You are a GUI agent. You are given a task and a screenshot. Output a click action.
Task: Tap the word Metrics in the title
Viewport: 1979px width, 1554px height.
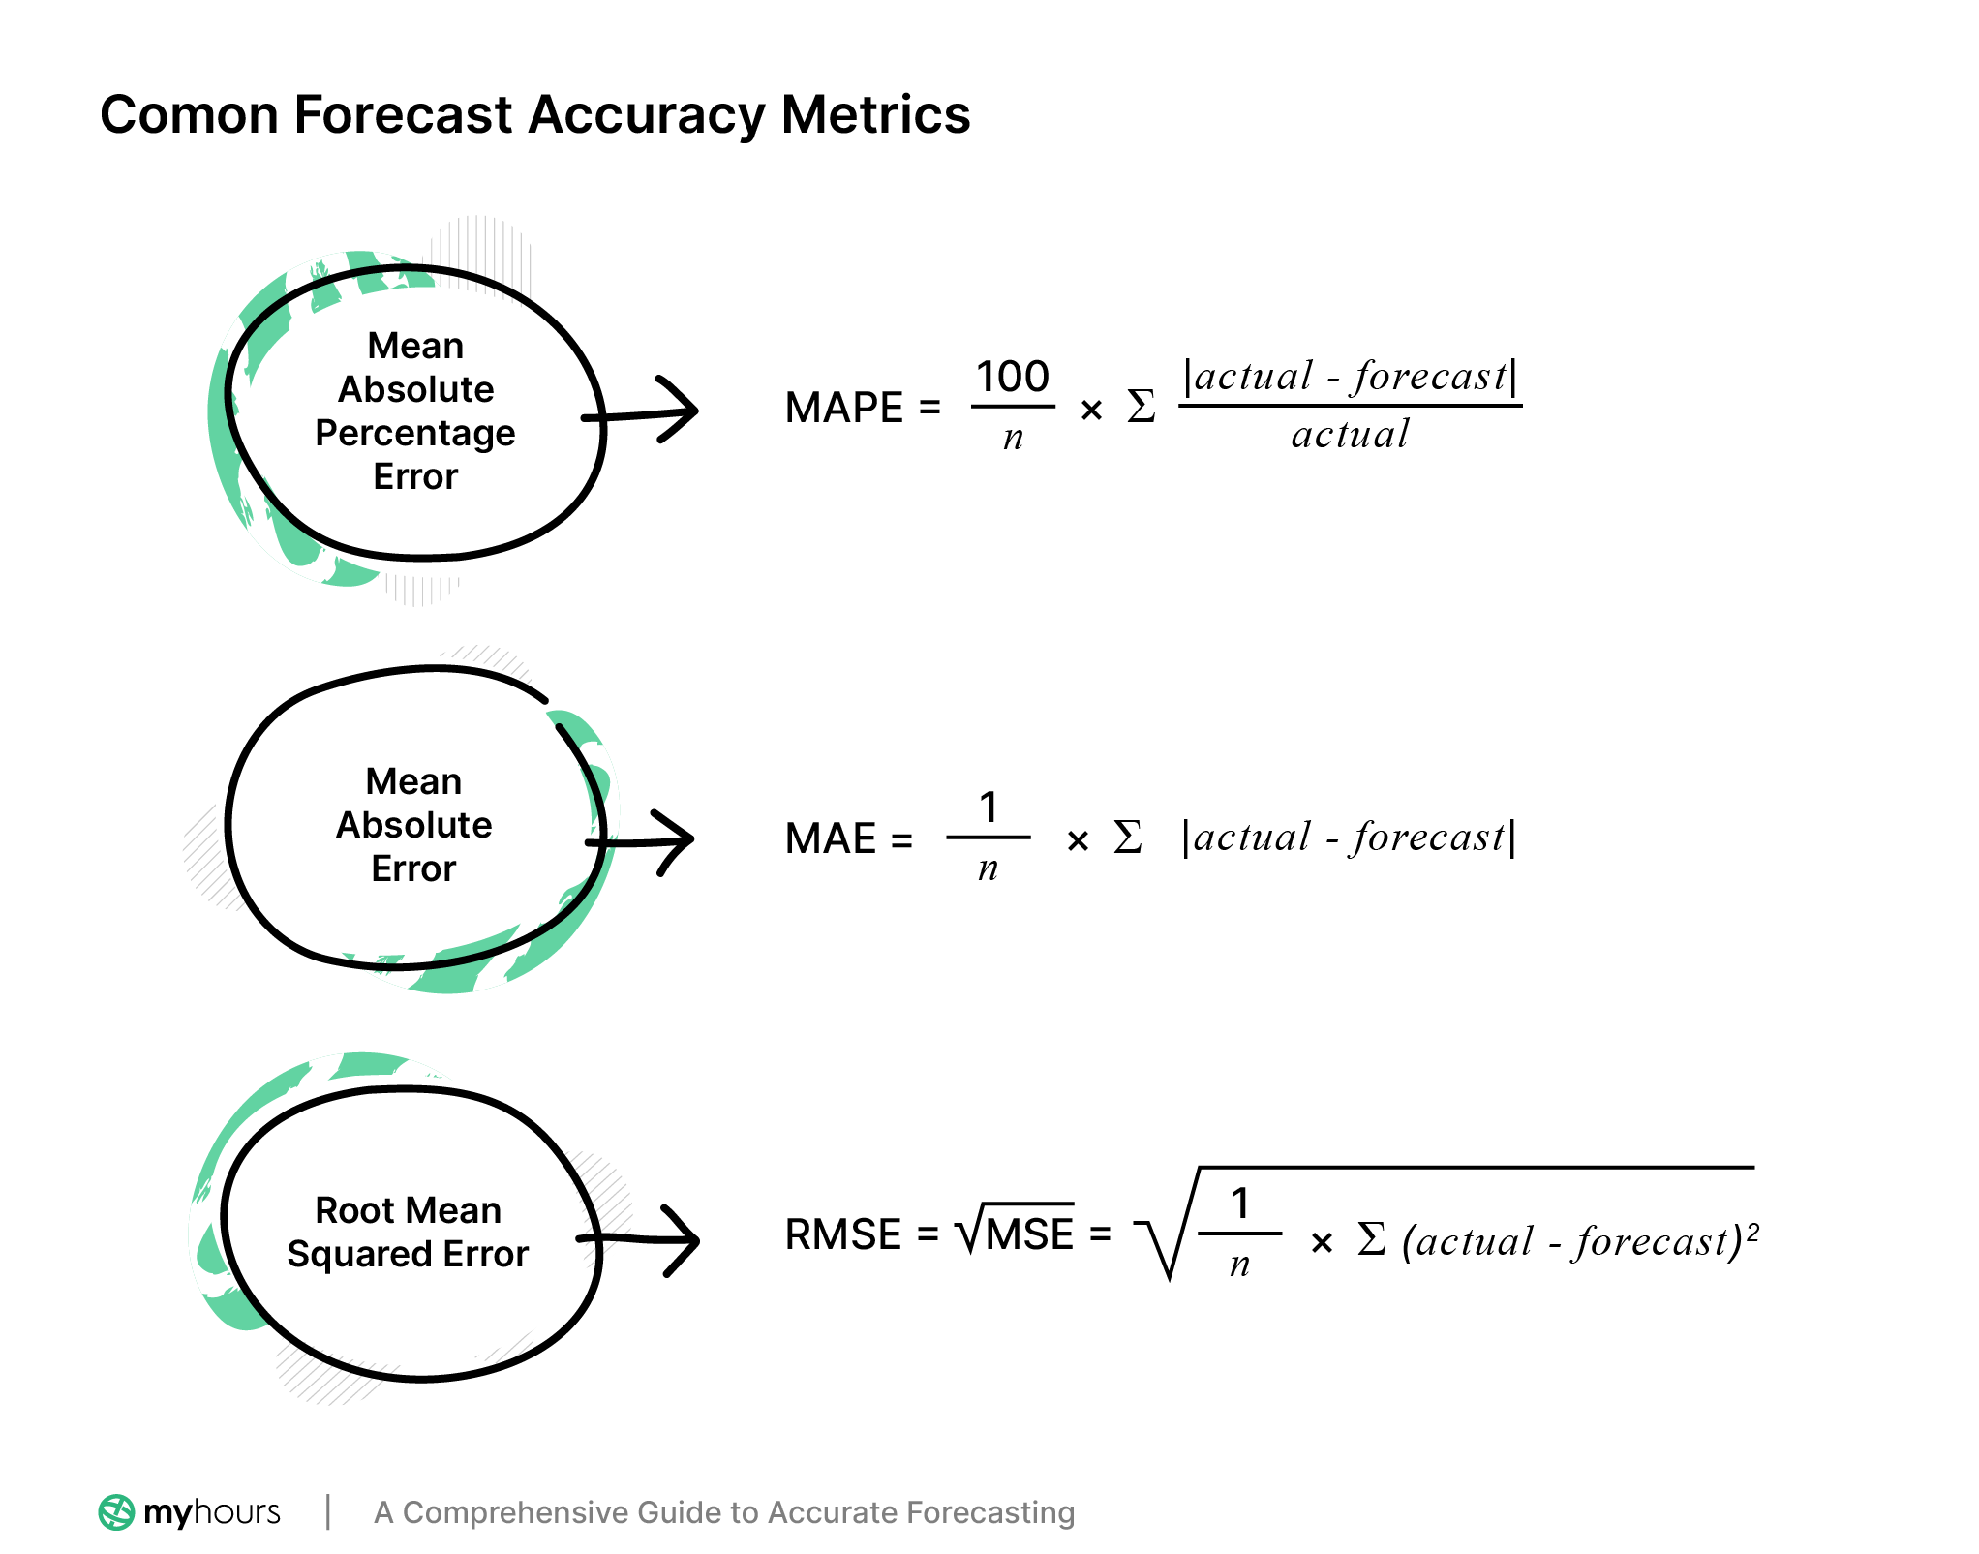coord(875,115)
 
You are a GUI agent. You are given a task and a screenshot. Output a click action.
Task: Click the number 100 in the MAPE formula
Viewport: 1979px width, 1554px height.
coord(1012,377)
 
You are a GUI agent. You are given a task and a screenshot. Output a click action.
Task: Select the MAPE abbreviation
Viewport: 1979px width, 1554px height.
coord(843,408)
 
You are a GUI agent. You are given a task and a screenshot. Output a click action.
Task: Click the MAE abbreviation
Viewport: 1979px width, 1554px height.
coord(830,838)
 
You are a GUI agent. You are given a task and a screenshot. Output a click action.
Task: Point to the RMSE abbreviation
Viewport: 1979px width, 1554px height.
coord(842,1235)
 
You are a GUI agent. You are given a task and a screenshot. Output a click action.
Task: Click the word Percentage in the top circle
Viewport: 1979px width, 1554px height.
coord(414,433)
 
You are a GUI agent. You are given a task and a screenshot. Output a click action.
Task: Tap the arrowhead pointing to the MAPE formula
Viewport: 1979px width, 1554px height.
coord(682,411)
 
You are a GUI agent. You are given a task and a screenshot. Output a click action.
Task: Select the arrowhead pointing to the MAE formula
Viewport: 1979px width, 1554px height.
coord(678,840)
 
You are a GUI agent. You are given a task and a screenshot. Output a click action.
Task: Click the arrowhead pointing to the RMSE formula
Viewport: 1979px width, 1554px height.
coord(684,1240)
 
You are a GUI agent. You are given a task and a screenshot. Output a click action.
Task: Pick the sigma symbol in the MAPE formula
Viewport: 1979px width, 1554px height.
coord(1141,407)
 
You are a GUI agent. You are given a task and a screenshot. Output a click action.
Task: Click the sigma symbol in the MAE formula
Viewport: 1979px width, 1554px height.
coord(1127,838)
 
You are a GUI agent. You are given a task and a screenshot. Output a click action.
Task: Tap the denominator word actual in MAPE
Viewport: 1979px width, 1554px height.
coord(1350,435)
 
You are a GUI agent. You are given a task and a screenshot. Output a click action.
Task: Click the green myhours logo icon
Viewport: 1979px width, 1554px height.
coord(116,1512)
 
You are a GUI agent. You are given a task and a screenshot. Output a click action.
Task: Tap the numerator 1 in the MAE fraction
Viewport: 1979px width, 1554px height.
coord(988,807)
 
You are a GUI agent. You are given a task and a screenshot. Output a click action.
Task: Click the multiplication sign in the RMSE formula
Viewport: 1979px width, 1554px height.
coord(1321,1242)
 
